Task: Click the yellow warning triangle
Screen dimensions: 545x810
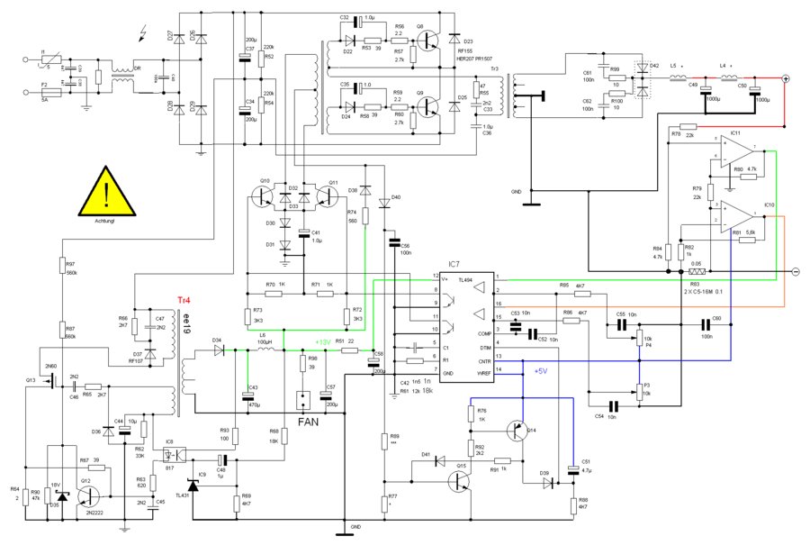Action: [x=108, y=195]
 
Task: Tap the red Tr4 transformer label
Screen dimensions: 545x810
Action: [x=182, y=299]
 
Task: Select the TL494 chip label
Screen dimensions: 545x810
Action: [x=440, y=280]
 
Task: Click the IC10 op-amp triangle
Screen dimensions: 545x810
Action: [x=736, y=215]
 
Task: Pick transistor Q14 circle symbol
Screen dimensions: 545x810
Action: [x=516, y=431]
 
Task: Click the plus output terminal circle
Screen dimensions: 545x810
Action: [x=786, y=79]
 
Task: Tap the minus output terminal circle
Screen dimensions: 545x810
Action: [x=796, y=270]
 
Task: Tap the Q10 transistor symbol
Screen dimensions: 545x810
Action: [x=265, y=194]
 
